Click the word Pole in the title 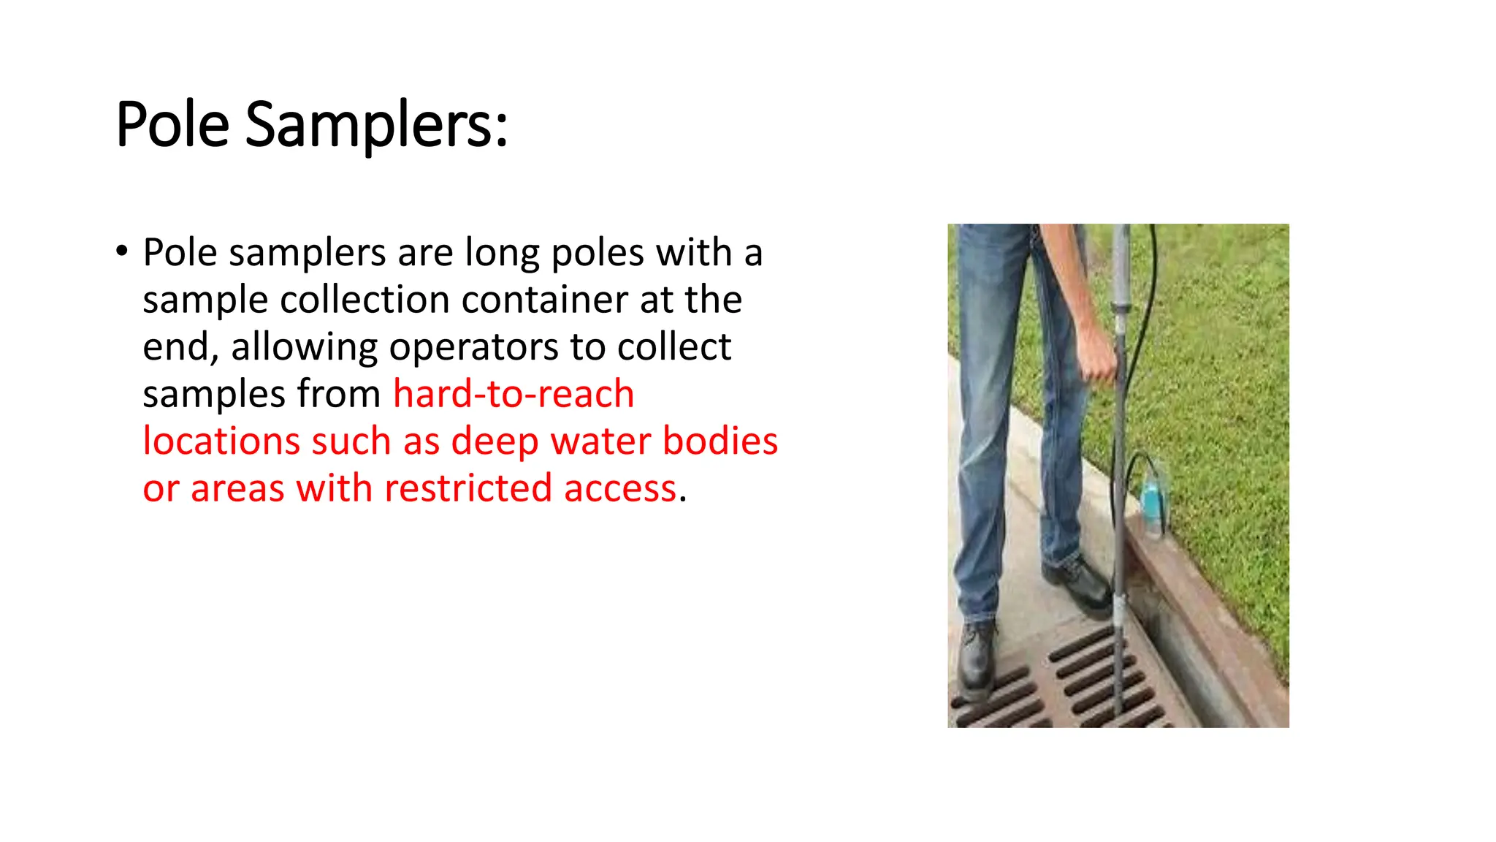[x=172, y=124]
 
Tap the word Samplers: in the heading [x=376, y=124]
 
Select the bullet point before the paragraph [x=121, y=251]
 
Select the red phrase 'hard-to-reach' [x=514, y=394]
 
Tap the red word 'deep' [x=495, y=441]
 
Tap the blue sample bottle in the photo [x=1151, y=501]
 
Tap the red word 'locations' [x=221, y=441]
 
